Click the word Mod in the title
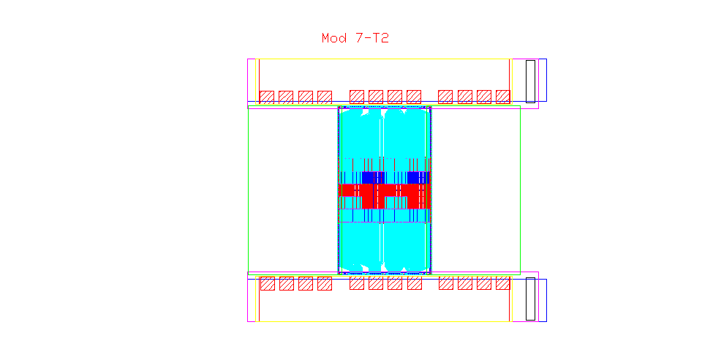pos(334,38)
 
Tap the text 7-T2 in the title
pos(372,38)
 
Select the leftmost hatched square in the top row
pos(267,97)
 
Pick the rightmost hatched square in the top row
pos(503,97)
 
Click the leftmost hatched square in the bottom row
pos(268,283)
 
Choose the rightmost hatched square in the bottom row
pos(503,283)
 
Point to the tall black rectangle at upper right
pos(530,82)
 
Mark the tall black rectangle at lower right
pos(530,299)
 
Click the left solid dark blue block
pos(374,177)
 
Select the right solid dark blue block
pos(418,177)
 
